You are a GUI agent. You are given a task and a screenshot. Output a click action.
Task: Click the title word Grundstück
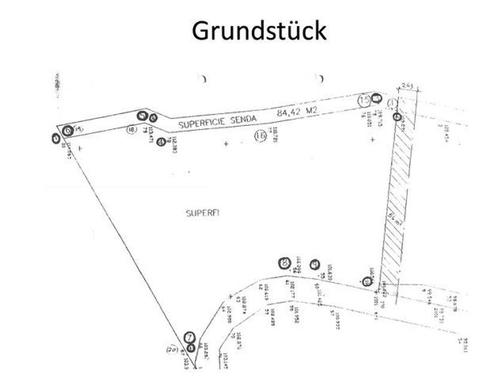pos(259,31)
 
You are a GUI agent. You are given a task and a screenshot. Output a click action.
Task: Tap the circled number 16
pos(260,136)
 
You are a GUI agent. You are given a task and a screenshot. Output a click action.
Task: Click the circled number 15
pos(364,101)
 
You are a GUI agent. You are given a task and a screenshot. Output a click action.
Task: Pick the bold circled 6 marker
pos(68,129)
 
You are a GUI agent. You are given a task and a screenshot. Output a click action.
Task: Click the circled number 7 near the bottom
pos(189,337)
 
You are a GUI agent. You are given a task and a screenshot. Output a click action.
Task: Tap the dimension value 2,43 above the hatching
pos(407,85)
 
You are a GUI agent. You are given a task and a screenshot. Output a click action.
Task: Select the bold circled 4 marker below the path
pos(159,142)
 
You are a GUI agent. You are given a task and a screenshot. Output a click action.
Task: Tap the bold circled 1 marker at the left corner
pos(56,139)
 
